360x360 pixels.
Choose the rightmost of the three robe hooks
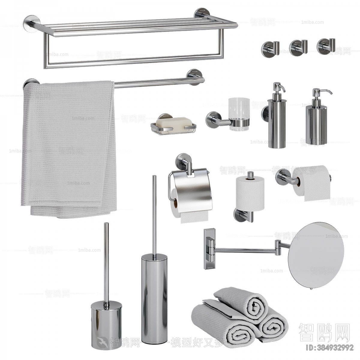pos(323,45)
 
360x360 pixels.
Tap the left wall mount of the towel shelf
pos(31,23)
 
